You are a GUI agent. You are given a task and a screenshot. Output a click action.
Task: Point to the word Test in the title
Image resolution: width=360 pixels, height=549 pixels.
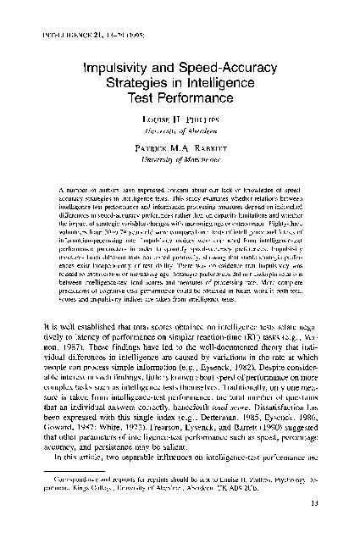pos(152,103)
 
